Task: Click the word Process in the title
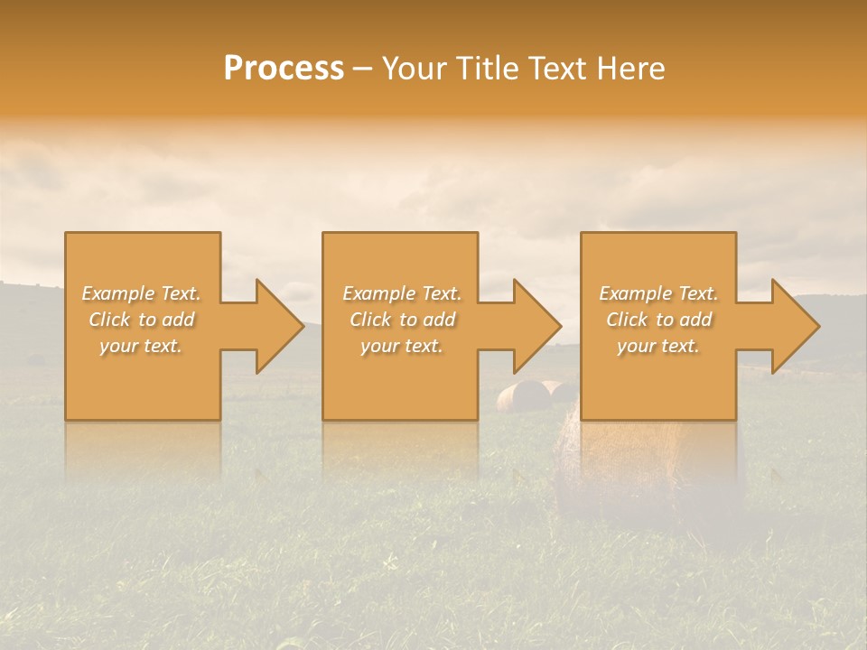click(x=284, y=69)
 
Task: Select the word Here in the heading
click(x=630, y=69)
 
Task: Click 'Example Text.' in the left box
click(x=141, y=293)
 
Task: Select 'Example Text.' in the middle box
click(x=401, y=293)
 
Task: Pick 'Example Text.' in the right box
click(x=658, y=293)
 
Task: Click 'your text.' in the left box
click(x=141, y=346)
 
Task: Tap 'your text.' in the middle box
click(x=401, y=346)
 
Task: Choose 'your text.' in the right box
click(x=658, y=346)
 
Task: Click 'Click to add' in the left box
click(x=141, y=320)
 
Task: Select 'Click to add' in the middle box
click(x=401, y=320)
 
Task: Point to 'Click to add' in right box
click(x=658, y=320)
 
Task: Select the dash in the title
click(x=363, y=70)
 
